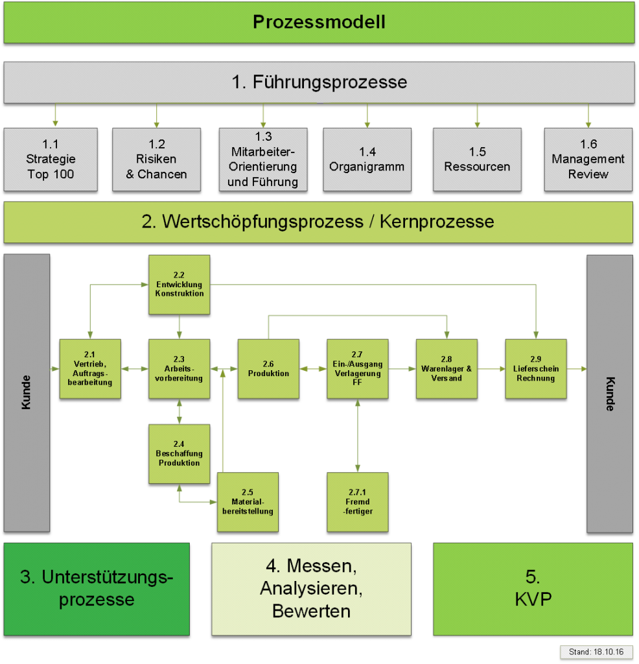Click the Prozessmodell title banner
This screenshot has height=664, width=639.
pos(319,23)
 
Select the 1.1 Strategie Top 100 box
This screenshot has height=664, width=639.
pos(51,160)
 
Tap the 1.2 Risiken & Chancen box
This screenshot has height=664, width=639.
pos(156,160)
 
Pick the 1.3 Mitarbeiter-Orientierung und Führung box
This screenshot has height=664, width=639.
pos(263,160)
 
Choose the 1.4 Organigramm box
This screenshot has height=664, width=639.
pos(367,160)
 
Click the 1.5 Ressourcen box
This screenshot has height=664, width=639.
pos(477,160)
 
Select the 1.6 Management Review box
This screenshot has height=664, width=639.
pos(588,160)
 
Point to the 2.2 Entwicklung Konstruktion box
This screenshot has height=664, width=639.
pos(180,285)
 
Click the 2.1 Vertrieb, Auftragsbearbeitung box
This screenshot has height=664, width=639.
pos(90,369)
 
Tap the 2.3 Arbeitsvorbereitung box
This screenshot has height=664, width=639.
pos(180,369)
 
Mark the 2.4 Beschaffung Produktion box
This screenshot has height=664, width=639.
pos(180,454)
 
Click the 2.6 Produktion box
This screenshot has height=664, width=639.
pos(268,369)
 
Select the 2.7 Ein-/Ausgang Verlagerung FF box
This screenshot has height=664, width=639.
pos(357,369)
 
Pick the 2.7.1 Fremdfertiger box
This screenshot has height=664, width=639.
pos(357,503)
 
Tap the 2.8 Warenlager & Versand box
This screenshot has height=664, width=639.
pos(447,369)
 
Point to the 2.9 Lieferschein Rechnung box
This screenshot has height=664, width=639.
pos(536,369)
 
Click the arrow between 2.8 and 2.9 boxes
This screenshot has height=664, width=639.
pos(491,369)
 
